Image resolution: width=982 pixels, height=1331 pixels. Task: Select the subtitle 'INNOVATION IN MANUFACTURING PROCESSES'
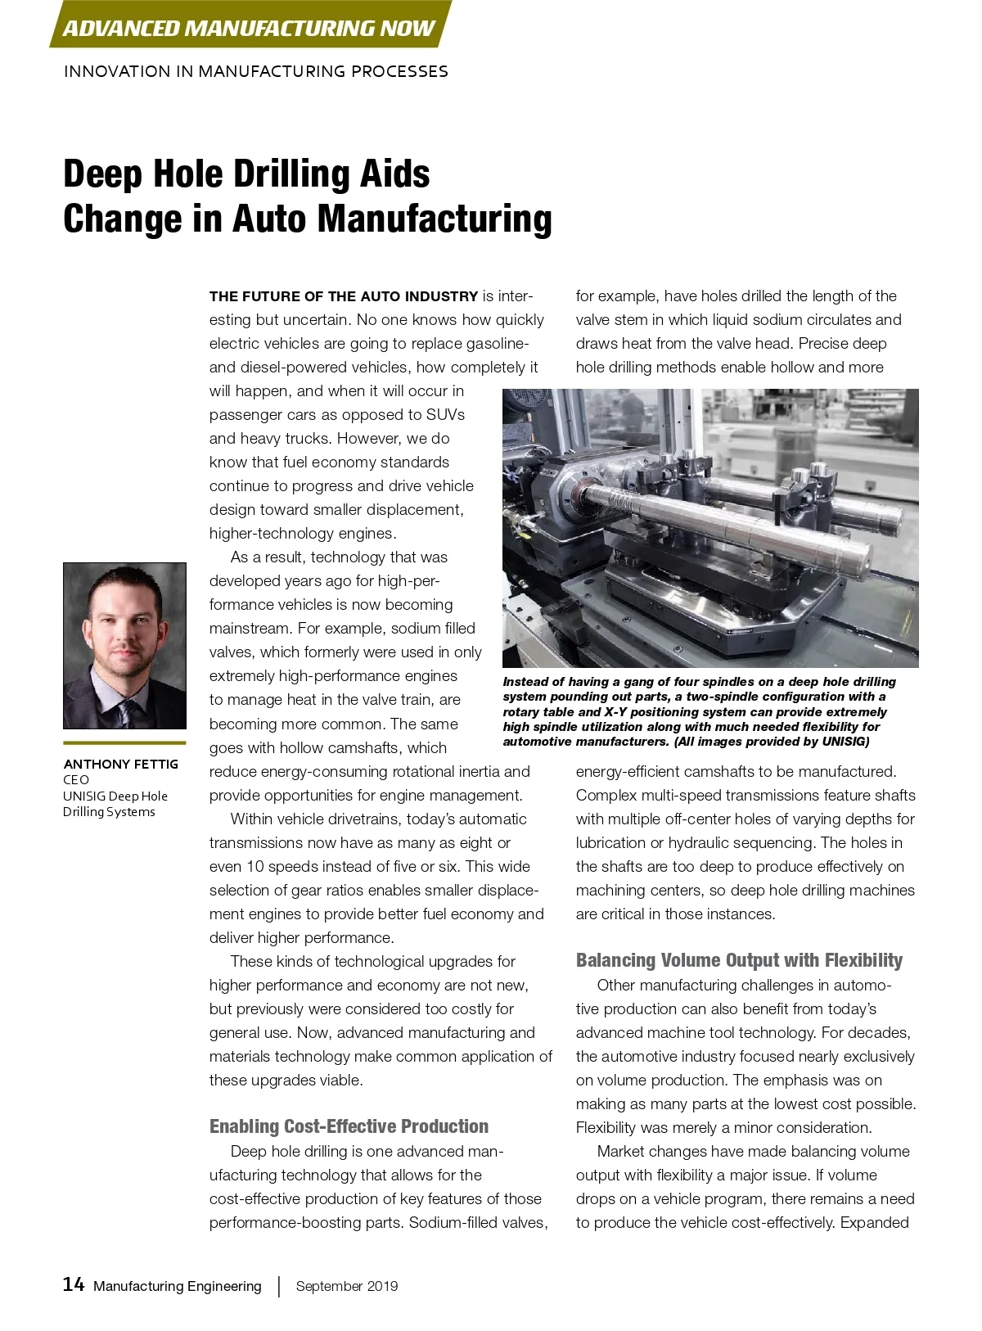255,71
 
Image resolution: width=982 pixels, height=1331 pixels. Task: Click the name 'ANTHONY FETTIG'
120,764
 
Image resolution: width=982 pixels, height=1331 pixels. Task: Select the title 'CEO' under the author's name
76,780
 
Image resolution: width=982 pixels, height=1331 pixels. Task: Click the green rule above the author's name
124,742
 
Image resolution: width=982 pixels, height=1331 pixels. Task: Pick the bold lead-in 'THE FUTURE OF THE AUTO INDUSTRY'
343,296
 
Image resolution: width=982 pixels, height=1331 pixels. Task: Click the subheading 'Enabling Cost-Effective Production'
349,1126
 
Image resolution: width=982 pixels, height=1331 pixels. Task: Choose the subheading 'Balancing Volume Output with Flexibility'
739,960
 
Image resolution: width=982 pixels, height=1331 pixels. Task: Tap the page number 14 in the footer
74,1284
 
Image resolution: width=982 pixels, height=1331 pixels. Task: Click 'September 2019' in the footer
347,1286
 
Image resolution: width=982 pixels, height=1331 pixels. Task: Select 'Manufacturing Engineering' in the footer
178,1286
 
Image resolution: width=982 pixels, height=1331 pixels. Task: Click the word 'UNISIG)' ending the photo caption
845,742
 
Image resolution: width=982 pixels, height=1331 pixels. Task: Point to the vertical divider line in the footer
279,1286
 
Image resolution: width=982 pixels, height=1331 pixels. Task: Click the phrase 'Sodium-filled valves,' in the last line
478,1223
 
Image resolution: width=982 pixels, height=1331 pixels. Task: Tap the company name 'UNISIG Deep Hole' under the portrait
115,796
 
